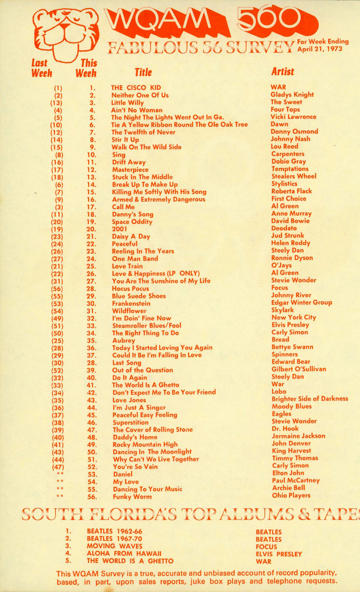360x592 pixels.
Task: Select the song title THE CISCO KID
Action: click(x=136, y=88)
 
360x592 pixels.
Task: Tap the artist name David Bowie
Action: click(x=290, y=221)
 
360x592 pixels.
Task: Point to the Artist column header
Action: click(x=282, y=72)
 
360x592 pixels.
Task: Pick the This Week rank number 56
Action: click(x=92, y=497)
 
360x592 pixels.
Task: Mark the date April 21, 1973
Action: click(x=320, y=49)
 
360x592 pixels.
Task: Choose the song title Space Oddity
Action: click(x=132, y=221)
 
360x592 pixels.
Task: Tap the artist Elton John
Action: click(x=288, y=473)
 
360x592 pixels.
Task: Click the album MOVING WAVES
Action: click(x=114, y=546)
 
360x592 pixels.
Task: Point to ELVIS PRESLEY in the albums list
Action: click(x=279, y=554)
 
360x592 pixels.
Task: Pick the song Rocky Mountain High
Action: click(x=145, y=444)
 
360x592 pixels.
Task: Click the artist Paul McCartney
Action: click(x=296, y=480)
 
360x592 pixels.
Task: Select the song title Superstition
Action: click(x=130, y=422)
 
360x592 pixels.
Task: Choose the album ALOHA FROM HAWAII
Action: click(x=124, y=554)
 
